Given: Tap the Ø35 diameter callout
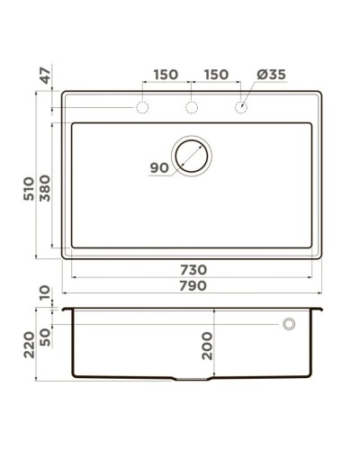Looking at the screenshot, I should pyautogui.click(x=272, y=75).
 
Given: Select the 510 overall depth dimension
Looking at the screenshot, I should pyautogui.click(x=31, y=188).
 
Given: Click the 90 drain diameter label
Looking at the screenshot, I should pyautogui.click(x=159, y=167).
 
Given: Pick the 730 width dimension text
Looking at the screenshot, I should pyautogui.click(x=193, y=269).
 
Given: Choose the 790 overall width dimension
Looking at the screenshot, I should pyautogui.click(x=193, y=286).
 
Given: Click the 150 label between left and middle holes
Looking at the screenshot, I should pyautogui.click(x=166, y=75).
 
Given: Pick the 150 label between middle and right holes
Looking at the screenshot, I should pyautogui.click(x=216, y=75).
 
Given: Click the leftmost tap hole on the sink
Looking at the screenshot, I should pyautogui.click(x=142, y=108).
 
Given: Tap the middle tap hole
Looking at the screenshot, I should pyautogui.click(x=192, y=108).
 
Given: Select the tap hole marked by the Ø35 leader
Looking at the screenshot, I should pyautogui.click(x=241, y=108).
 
